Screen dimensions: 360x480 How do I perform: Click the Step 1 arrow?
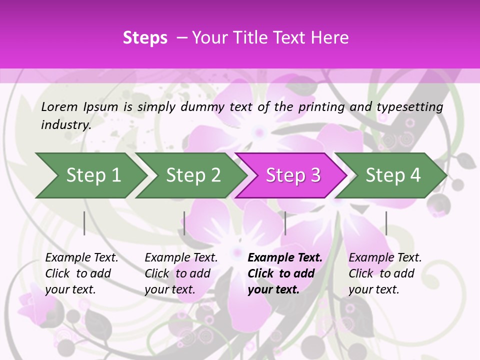[93, 175]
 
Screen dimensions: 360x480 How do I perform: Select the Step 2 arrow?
[193, 175]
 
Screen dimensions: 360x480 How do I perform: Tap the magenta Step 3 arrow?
[293, 175]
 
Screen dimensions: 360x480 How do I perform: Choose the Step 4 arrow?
[393, 175]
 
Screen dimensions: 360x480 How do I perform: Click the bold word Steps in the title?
[145, 38]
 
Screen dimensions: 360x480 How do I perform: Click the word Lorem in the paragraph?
[59, 106]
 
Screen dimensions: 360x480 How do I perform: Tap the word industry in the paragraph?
[65, 125]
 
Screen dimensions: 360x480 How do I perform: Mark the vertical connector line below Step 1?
[84, 223]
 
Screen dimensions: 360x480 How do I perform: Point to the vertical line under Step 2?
[184, 223]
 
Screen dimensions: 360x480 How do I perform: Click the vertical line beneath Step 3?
[285, 223]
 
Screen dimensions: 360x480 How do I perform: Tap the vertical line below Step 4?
[386, 223]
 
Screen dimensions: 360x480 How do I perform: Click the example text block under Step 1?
[81, 273]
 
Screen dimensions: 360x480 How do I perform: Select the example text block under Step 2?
[181, 273]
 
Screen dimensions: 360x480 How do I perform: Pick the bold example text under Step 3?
[284, 273]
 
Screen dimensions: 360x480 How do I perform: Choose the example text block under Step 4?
[385, 273]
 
